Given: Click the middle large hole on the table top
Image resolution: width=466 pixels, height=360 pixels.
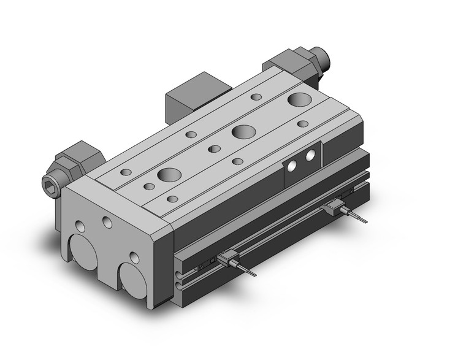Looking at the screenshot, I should tap(244, 131).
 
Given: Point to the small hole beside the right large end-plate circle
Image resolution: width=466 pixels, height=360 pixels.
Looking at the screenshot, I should tap(134, 257).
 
